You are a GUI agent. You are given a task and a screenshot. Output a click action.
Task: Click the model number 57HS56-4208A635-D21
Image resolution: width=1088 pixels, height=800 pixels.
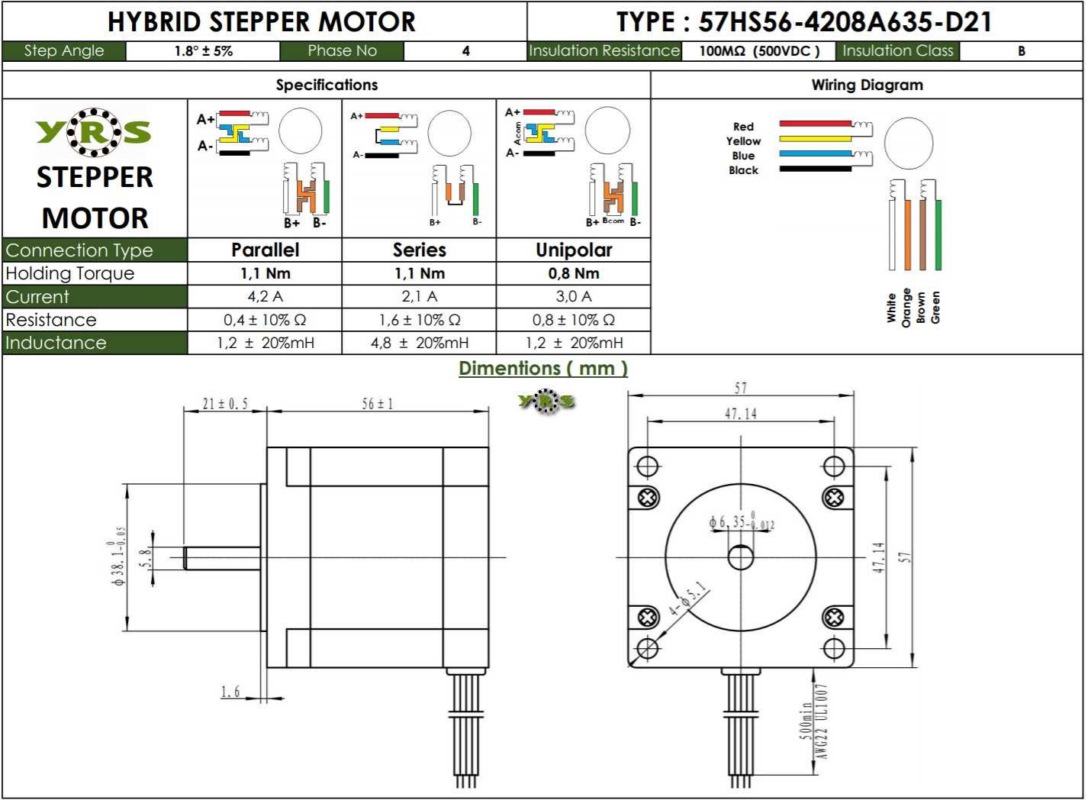point(845,21)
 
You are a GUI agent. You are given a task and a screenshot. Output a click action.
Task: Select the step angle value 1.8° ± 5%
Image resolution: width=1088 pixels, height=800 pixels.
point(203,51)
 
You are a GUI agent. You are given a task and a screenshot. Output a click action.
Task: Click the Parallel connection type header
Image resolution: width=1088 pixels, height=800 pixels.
point(265,250)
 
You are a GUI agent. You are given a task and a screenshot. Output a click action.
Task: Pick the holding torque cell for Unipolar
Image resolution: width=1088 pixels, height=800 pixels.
point(573,273)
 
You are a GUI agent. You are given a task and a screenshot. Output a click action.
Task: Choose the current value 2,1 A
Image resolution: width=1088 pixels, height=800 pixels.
point(419,296)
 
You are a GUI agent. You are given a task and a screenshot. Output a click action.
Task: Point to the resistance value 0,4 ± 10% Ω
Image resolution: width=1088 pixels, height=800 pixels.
point(265,320)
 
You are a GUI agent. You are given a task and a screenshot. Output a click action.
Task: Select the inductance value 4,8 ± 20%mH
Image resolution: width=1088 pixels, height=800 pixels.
point(419,343)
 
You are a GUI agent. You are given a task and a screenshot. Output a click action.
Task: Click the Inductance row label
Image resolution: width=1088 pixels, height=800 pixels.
point(56,343)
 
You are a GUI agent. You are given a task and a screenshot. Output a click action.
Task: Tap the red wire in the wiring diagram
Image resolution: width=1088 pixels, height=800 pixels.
point(815,124)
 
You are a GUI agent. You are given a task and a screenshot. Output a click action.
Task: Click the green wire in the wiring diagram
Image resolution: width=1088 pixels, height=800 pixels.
point(938,234)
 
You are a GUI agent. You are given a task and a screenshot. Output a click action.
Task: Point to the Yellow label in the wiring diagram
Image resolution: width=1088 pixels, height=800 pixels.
point(743,141)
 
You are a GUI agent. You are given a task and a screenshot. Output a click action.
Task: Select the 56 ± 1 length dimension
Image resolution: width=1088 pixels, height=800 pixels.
point(377,403)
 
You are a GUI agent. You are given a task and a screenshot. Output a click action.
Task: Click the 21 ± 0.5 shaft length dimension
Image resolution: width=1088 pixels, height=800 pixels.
point(225,403)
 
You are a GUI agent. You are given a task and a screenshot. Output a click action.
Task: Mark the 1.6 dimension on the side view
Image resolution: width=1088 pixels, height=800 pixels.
point(230,692)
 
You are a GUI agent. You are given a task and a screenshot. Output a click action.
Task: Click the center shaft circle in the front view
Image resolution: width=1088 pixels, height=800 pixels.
point(741,557)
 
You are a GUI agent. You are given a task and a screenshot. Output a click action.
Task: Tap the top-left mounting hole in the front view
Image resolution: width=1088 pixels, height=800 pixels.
point(648,466)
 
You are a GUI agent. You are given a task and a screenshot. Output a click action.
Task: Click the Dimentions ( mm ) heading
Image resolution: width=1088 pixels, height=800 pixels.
point(542,368)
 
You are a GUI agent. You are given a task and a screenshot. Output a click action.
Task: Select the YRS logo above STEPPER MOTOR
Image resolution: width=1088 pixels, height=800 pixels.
point(93,132)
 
